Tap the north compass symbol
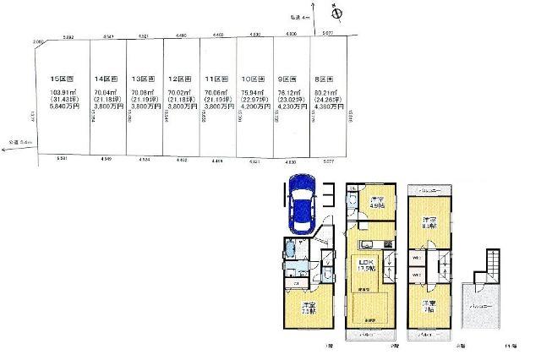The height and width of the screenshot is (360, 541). click(x=336, y=14)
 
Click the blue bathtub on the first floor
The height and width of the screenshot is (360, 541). click(x=292, y=249)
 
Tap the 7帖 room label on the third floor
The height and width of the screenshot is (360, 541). click(x=429, y=306)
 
